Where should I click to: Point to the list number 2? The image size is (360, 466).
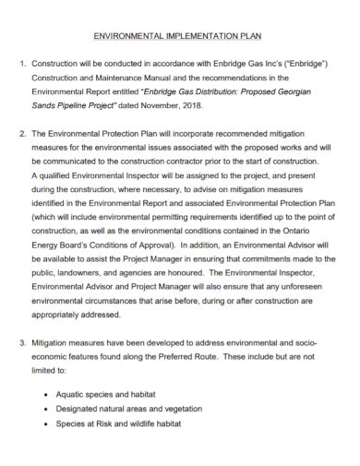[22, 134]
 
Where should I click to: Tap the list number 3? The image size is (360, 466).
[22, 343]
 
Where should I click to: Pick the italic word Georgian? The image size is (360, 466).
[311, 94]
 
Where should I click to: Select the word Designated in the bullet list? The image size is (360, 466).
[84, 410]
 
